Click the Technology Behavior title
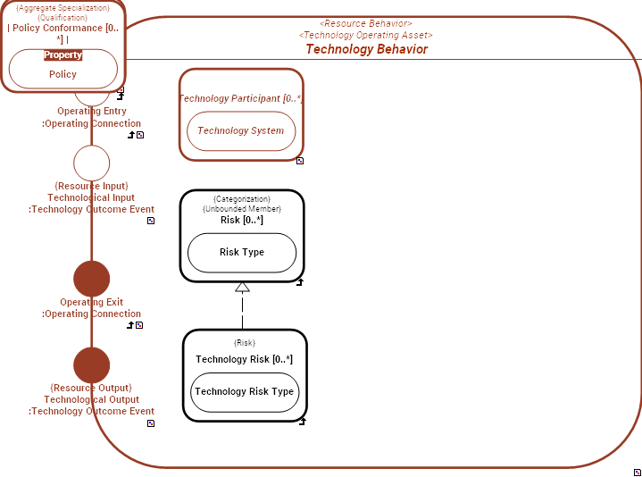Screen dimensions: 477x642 [366, 49]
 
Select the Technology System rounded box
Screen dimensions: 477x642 [241, 130]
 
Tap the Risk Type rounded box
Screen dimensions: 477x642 [242, 252]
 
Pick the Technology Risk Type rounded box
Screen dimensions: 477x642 [245, 391]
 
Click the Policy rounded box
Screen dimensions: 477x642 [63, 74]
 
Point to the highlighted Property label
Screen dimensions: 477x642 [63, 54]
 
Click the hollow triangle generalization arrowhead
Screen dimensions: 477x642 [242, 288]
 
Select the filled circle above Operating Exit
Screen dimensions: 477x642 [91, 279]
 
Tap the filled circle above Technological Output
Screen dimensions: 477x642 [91, 365]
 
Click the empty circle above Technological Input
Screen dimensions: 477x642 [91, 163]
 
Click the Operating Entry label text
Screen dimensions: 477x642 [92, 112]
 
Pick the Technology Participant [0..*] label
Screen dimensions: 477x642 [241, 98]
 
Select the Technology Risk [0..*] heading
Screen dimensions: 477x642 [245, 359]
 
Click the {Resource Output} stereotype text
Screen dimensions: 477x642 [91, 388]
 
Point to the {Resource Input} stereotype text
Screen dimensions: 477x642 [92, 186]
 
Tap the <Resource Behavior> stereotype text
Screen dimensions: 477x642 [366, 23]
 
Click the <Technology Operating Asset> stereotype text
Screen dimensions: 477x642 [366, 35]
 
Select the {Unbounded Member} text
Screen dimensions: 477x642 [242, 209]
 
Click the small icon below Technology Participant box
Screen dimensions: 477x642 [300, 161]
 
